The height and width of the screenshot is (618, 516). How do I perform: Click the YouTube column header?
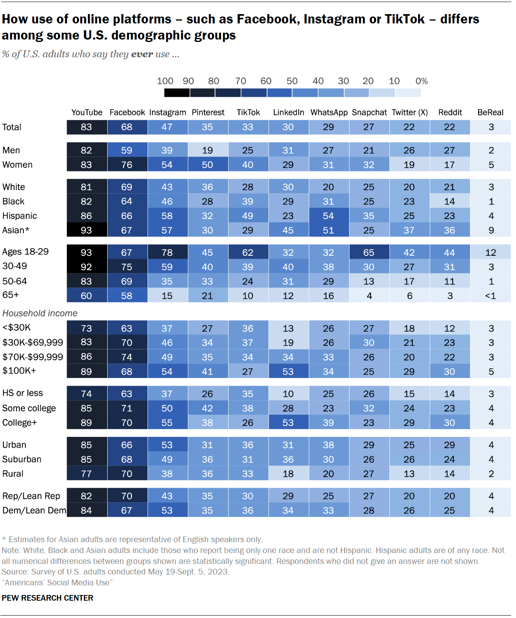87,113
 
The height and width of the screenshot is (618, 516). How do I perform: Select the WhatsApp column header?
329,113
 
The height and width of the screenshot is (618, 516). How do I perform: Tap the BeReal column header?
490,113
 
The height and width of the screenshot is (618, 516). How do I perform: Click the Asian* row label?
16,230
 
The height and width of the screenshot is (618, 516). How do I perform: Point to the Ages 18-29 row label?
25,252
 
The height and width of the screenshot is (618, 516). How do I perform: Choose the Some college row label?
29,408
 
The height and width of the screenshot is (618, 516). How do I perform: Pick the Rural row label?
13,474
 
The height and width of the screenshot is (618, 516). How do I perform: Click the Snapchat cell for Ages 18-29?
369,253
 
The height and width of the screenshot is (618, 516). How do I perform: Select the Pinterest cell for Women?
208,165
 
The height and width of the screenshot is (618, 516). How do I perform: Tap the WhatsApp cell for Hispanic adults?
329,216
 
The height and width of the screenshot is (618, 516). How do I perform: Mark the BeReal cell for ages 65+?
490,296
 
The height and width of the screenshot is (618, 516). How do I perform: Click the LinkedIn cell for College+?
288,423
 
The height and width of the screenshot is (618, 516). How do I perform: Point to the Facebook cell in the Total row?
127,127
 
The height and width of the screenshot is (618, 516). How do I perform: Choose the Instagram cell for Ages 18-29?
167,253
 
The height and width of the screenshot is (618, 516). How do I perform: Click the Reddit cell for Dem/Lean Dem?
449,510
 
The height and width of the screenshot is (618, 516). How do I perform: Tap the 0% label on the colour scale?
421,81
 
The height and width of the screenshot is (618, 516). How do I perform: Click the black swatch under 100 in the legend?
177,93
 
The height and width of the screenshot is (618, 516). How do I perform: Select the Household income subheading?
40,313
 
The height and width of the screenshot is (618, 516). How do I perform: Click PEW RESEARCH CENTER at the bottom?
48,598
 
